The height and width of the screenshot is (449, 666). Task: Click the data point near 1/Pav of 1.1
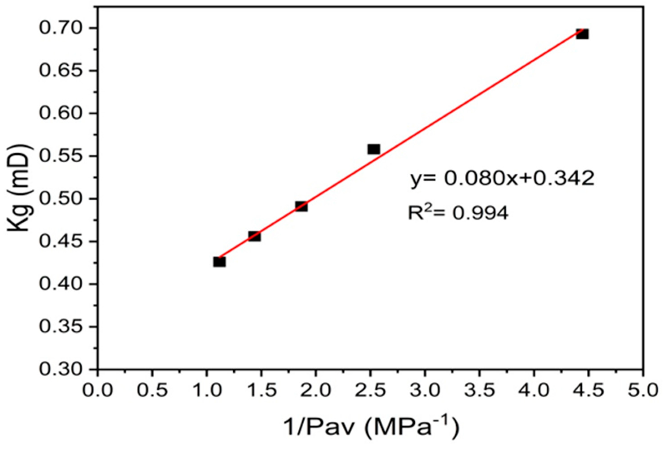(219, 262)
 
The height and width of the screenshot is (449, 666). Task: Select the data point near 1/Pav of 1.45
(254, 236)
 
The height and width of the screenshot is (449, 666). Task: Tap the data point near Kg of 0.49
(301, 206)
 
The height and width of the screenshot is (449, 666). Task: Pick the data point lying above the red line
(374, 149)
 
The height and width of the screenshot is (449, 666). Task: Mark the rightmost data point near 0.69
(582, 34)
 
